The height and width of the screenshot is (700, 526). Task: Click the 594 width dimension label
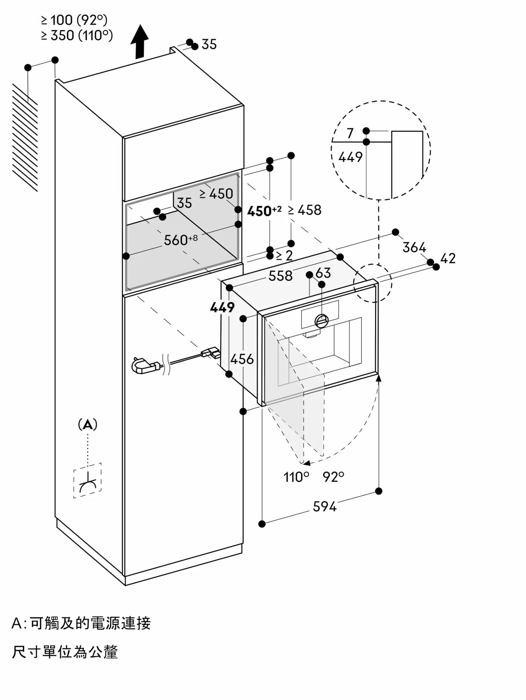point(325,506)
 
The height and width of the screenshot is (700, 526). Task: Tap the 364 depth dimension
point(414,247)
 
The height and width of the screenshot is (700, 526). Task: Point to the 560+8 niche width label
point(180,240)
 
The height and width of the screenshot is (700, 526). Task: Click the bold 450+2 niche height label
point(264,211)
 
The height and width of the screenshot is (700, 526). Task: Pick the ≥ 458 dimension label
point(305,210)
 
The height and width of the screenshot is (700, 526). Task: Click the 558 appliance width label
point(280,276)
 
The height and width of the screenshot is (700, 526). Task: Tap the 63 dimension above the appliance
point(323,273)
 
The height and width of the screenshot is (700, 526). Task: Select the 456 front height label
point(242,359)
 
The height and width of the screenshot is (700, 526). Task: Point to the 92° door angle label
point(333,477)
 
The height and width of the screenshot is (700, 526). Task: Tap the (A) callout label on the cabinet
point(87,425)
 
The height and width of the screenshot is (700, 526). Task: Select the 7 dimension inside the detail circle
point(350,133)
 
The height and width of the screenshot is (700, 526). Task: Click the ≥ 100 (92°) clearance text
point(74,21)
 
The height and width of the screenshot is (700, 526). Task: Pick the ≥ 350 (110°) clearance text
point(77,35)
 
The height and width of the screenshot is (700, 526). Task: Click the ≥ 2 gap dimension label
point(284,255)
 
